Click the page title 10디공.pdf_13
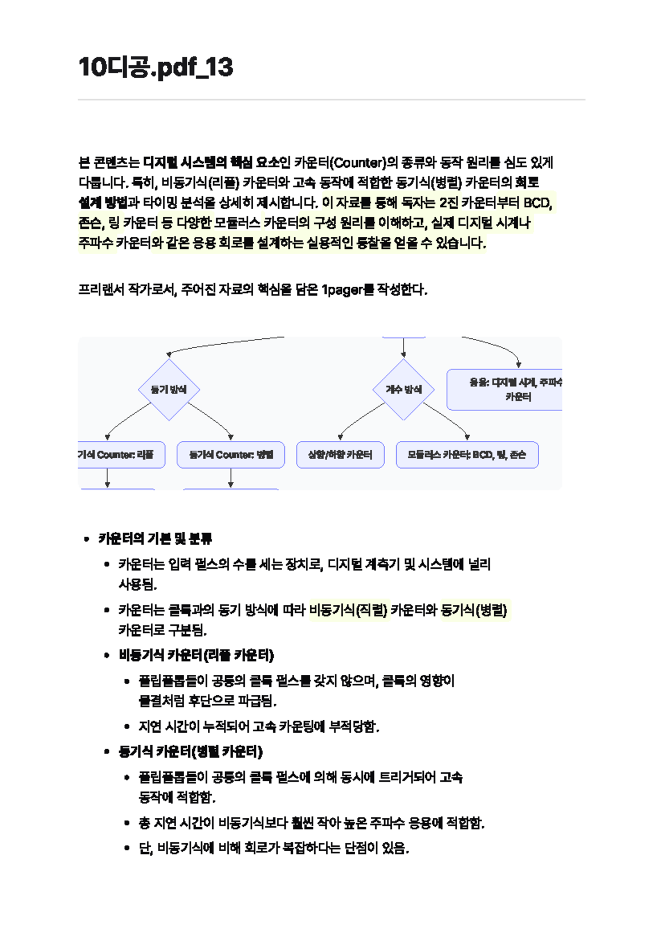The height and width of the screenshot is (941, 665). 156,67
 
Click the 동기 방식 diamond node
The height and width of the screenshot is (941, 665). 169,389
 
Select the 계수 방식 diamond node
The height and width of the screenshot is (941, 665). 403,389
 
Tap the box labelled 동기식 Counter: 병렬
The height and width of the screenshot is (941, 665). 231,455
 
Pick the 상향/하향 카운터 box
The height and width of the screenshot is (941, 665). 340,455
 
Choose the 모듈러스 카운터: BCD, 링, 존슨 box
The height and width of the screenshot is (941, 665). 467,455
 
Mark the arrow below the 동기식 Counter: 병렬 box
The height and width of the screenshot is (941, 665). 231,478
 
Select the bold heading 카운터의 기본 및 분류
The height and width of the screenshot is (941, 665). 155,538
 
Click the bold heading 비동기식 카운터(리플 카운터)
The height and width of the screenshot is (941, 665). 196,655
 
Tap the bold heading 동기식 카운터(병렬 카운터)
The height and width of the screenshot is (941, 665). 191,752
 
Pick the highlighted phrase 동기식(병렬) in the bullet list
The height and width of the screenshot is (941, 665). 474,611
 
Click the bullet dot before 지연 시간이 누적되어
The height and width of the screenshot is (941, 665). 127,727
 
